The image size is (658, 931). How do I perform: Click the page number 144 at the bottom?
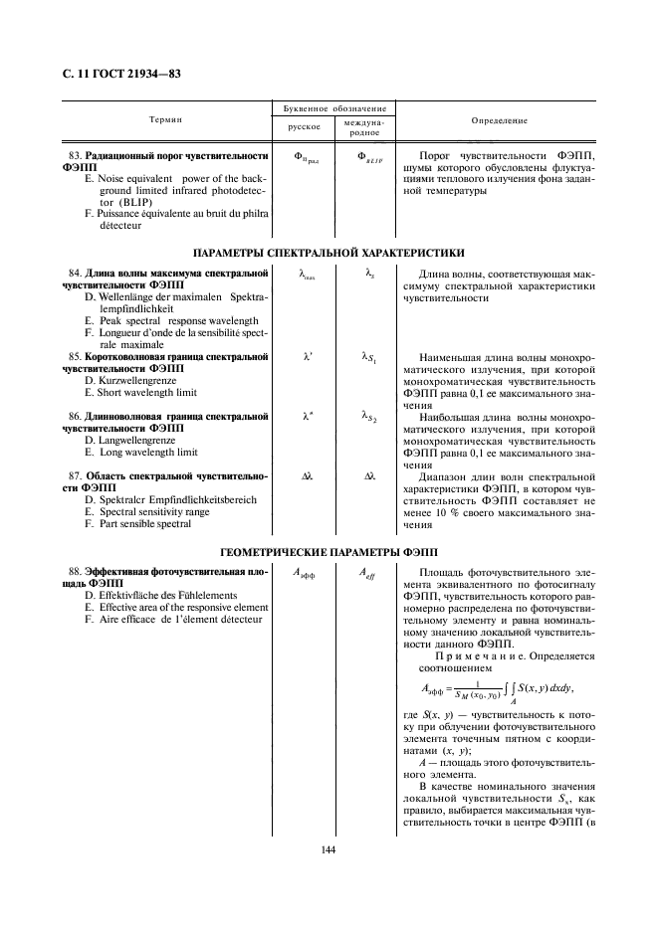[329, 849]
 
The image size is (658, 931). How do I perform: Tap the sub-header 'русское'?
[303, 127]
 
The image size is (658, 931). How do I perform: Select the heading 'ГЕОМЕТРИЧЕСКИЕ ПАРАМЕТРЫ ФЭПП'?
[328, 551]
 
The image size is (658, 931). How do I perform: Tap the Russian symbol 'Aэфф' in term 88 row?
[303, 574]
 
